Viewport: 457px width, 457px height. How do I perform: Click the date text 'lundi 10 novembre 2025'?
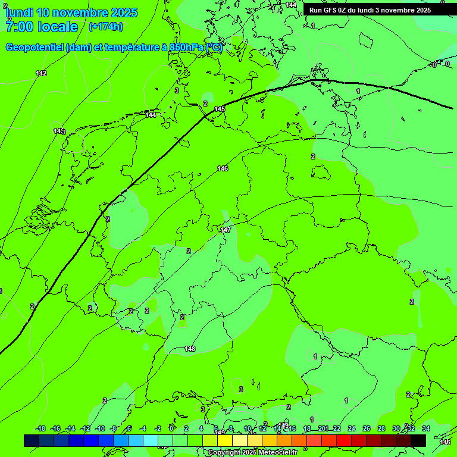pos(71,12)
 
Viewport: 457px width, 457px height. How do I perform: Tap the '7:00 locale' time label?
pos(42,27)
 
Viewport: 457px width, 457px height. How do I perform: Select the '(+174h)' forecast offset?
pos(105,27)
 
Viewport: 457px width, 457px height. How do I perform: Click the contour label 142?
pos(41,73)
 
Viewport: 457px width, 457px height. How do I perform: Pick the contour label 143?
pos(60,131)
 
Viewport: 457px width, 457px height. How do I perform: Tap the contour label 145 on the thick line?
pos(220,109)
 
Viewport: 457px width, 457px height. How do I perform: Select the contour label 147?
pos(226,230)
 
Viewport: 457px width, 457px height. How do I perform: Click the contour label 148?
pos(190,349)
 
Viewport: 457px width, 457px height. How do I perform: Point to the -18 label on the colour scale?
pos(40,428)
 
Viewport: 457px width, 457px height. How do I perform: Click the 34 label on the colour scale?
pos(426,428)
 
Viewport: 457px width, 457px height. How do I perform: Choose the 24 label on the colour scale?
pos(352,428)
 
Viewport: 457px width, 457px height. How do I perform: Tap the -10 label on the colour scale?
pos(100,428)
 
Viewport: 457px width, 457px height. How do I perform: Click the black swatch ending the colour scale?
pos(418,440)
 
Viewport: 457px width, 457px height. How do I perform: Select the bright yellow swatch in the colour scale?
pos(225,440)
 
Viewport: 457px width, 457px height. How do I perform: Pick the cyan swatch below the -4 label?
pos(151,440)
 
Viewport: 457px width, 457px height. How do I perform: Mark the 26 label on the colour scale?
pos(367,428)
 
